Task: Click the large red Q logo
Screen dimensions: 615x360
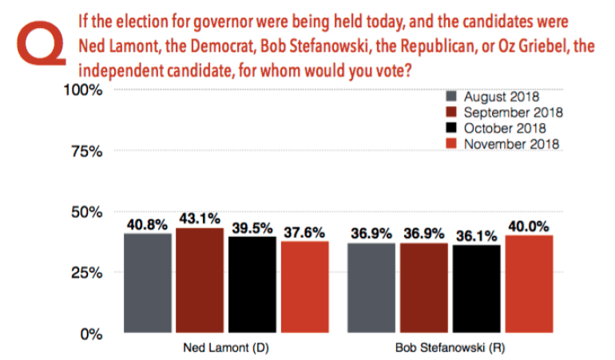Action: pyautogui.click(x=41, y=43)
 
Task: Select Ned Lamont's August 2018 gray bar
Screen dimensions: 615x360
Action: pyautogui.click(x=148, y=283)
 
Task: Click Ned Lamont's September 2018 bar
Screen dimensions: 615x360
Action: pyautogui.click(x=200, y=280)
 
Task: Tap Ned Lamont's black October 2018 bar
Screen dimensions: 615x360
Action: pyautogui.click(x=252, y=284)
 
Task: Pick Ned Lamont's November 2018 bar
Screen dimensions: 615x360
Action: pyautogui.click(x=305, y=287)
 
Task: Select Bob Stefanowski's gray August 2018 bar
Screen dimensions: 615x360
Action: pyautogui.click(x=371, y=288)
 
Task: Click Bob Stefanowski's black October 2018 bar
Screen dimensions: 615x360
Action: pyautogui.click(x=477, y=289)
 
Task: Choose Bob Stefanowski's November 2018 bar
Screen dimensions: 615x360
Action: pyautogui.click(x=529, y=284)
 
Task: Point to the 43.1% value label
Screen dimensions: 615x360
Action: pyautogui.click(x=200, y=219)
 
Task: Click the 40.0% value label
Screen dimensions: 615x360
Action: pyautogui.click(x=529, y=226)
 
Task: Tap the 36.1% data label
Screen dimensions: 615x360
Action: pyautogui.click(x=477, y=236)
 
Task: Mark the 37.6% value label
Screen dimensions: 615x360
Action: pyautogui.click(x=304, y=232)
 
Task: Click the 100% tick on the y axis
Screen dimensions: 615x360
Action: pyautogui.click(x=83, y=90)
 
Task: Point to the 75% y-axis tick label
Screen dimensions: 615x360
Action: pyautogui.click(x=87, y=152)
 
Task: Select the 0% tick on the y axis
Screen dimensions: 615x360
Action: pyautogui.click(x=91, y=334)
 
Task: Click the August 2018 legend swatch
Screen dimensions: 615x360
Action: pyautogui.click(x=451, y=97)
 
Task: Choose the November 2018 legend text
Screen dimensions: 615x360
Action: pyautogui.click(x=511, y=144)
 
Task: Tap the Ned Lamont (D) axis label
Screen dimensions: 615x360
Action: pyautogui.click(x=226, y=348)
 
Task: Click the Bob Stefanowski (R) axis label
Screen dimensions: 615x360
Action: pyautogui.click(x=450, y=348)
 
